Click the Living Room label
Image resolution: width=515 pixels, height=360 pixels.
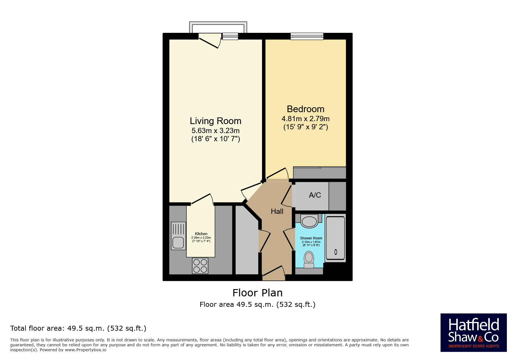tap(215, 121)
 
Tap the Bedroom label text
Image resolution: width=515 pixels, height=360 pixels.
tap(305, 109)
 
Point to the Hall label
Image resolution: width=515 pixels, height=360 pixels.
tap(277, 212)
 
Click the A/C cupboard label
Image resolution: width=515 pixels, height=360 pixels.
tap(315, 195)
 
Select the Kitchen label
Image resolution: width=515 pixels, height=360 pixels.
tap(201, 234)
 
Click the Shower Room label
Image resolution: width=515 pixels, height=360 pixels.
tap(311, 238)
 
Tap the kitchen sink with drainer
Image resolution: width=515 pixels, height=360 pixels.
tap(178, 236)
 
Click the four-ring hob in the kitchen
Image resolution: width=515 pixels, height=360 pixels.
tap(200, 266)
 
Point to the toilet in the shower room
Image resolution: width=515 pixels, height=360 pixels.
tap(309, 259)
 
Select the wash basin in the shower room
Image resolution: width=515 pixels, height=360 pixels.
tap(309, 221)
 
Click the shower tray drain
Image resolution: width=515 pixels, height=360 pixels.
tap(336, 252)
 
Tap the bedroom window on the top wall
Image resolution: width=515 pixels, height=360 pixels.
tap(307, 36)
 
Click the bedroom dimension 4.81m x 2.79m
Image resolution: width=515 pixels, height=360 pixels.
tap(305, 119)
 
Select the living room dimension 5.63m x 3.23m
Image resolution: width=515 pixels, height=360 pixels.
tap(215, 131)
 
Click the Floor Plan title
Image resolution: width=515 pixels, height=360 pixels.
tap(257, 293)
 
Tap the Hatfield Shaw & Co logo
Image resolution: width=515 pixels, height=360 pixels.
tap(473, 333)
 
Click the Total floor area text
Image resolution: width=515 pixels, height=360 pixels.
tap(78, 328)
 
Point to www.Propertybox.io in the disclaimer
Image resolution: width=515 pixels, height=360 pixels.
tap(85, 350)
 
